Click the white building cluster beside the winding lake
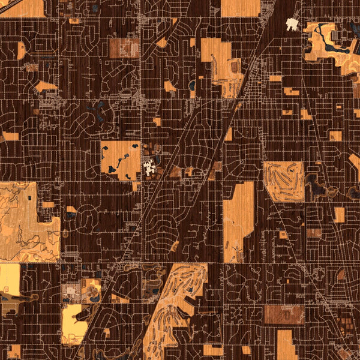(292, 24)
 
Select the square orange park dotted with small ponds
(119, 159)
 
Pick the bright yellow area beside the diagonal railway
(73, 321)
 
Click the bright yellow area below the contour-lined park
(10, 280)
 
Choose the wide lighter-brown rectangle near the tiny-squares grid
(283, 314)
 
